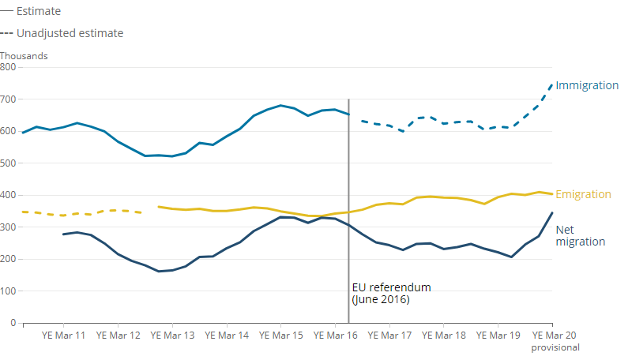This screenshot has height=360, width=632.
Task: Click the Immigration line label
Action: click(x=587, y=85)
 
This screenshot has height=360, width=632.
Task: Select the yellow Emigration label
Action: click(x=583, y=194)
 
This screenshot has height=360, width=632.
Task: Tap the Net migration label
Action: click(x=580, y=235)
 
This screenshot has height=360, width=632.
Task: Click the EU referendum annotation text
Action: click(x=391, y=294)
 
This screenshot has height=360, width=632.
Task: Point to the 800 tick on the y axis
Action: click(x=8, y=67)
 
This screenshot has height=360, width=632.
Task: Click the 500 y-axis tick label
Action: click(x=8, y=163)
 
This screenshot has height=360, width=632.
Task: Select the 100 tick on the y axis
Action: click(x=8, y=291)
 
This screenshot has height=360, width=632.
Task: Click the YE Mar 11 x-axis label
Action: click(x=62, y=336)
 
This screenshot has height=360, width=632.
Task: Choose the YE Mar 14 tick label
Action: click(x=226, y=336)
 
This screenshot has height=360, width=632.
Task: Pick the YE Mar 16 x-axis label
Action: click(x=335, y=336)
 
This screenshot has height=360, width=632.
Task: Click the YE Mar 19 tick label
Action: click(x=498, y=336)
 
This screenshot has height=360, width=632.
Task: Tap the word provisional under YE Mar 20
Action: click(x=555, y=347)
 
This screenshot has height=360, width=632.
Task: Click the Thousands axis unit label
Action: click(x=24, y=56)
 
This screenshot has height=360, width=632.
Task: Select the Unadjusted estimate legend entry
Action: click(x=70, y=33)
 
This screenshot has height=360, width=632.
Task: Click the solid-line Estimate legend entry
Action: click(x=38, y=12)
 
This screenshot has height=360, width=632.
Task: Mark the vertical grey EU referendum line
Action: click(x=348, y=197)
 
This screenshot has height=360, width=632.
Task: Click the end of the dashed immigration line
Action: click(x=552, y=84)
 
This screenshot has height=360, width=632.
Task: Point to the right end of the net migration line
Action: click(x=552, y=213)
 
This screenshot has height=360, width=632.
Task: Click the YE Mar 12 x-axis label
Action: click(x=117, y=336)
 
